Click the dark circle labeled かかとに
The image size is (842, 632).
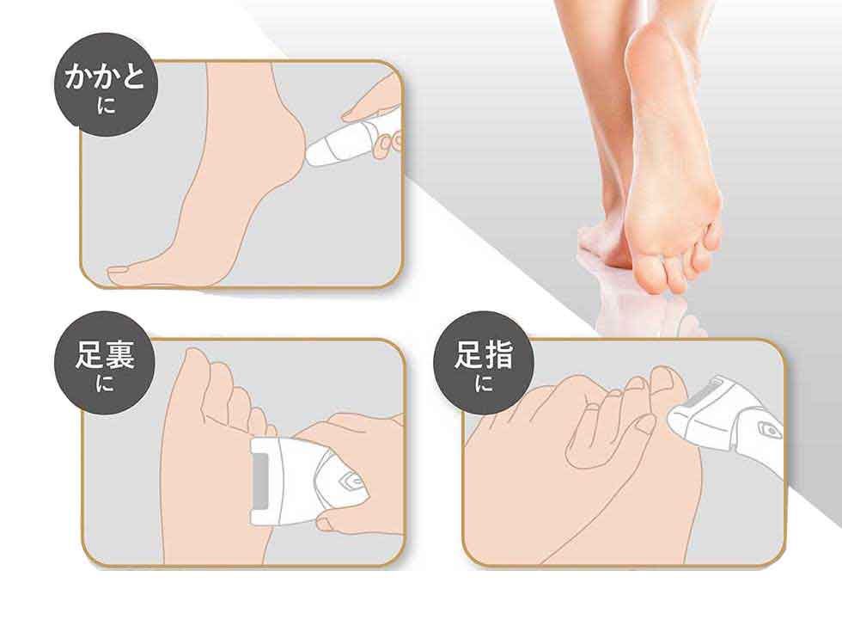(107, 85)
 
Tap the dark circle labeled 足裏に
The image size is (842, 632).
(105, 363)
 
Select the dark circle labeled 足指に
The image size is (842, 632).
(484, 363)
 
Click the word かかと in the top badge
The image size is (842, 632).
(105, 77)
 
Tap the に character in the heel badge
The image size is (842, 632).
(107, 104)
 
